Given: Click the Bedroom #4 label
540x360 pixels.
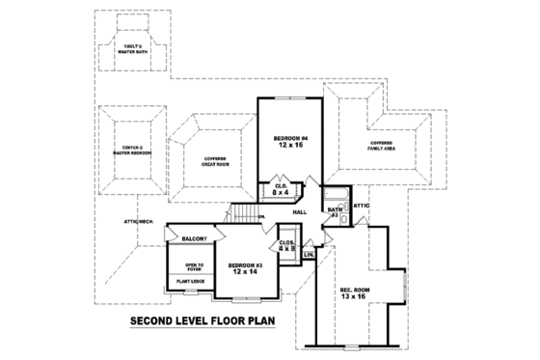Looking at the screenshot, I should tap(289, 138).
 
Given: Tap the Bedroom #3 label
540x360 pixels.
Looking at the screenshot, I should tap(246, 265).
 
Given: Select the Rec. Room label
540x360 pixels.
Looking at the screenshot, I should tap(354, 289).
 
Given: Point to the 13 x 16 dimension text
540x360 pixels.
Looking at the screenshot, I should tap(354, 297).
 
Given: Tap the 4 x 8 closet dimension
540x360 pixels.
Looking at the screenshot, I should tap(287, 248).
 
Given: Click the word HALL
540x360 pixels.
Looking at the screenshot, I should tap(300, 211).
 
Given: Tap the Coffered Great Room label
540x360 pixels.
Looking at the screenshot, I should tap(215, 162).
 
